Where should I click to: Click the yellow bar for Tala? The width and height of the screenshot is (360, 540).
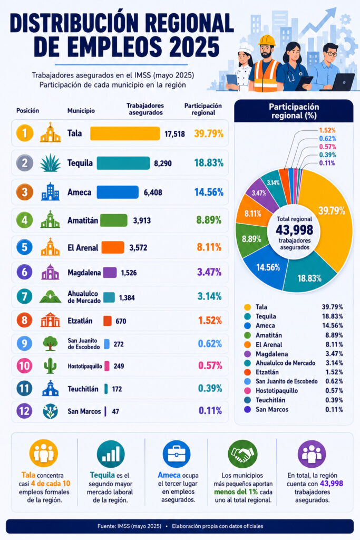tap(125, 133)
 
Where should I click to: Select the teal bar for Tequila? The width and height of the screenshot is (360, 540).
tap(123, 163)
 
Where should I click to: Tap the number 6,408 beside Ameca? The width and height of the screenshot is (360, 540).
tap(153, 192)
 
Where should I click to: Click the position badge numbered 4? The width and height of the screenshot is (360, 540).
tap(24, 220)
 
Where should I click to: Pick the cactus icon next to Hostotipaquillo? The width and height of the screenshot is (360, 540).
tap(50, 365)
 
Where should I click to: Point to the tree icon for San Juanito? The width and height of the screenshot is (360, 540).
tap(50, 343)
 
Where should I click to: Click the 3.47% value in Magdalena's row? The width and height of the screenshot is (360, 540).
tap(209, 272)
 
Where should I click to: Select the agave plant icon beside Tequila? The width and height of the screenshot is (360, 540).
tap(50, 163)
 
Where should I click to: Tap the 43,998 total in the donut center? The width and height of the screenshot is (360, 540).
tap(294, 230)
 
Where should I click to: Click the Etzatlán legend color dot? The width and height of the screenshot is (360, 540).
tap(247, 372)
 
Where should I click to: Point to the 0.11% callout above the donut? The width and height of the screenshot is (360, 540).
tap(327, 163)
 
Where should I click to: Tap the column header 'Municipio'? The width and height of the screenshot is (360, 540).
tap(81, 111)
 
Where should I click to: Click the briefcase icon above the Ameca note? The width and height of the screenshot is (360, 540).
tap(177, 454)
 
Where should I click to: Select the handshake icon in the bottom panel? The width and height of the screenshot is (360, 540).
tap(242, 454)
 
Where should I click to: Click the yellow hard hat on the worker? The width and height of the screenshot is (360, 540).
tap(267, 40)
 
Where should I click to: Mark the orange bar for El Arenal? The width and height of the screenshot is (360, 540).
tap(113, 247)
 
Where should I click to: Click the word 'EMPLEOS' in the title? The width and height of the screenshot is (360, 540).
tap(98, 47)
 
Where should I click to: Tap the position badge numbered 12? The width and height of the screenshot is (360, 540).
tap(24, 410)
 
